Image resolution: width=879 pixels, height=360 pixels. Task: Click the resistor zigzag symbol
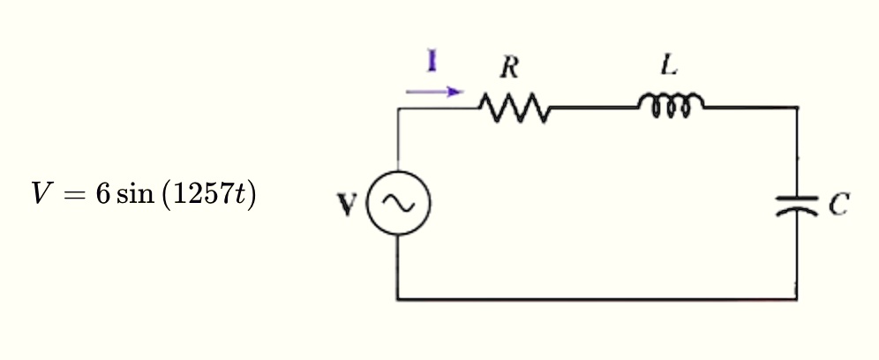[x=515, y=110]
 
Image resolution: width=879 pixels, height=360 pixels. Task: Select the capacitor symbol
[x=797, y=206]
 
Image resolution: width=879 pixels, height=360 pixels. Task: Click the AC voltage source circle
[x=398, y=204]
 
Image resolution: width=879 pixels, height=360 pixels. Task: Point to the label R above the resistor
[x=508, y=67]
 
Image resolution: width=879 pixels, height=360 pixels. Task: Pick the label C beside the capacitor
[x=839, y=206]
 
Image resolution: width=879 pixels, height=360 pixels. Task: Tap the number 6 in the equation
[x=101, y=196]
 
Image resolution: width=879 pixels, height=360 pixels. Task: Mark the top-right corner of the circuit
[x=797, y=108]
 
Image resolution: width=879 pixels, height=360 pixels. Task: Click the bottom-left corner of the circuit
[x=398, y=299]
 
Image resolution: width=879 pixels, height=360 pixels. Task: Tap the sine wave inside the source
[x=398, y=204]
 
